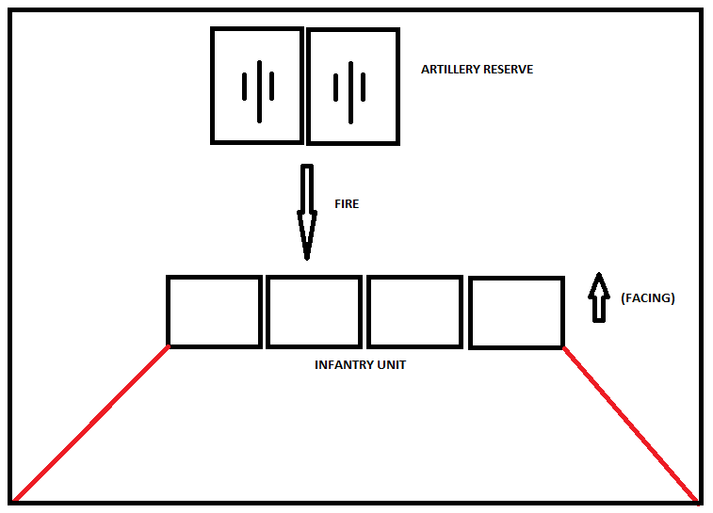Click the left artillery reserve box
click(257, 85)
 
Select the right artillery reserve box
click(353, 86)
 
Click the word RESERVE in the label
click(508, 70)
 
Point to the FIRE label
click(347, 203)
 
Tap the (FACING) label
click(648, 298)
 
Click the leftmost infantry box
click(215, 312)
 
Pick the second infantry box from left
click(314, 312)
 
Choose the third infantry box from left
click(414, 312)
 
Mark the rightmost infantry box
click(516, 313)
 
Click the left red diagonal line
click(91, 423)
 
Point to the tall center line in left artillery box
click(258, 91)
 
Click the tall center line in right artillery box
click(350, 91)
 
